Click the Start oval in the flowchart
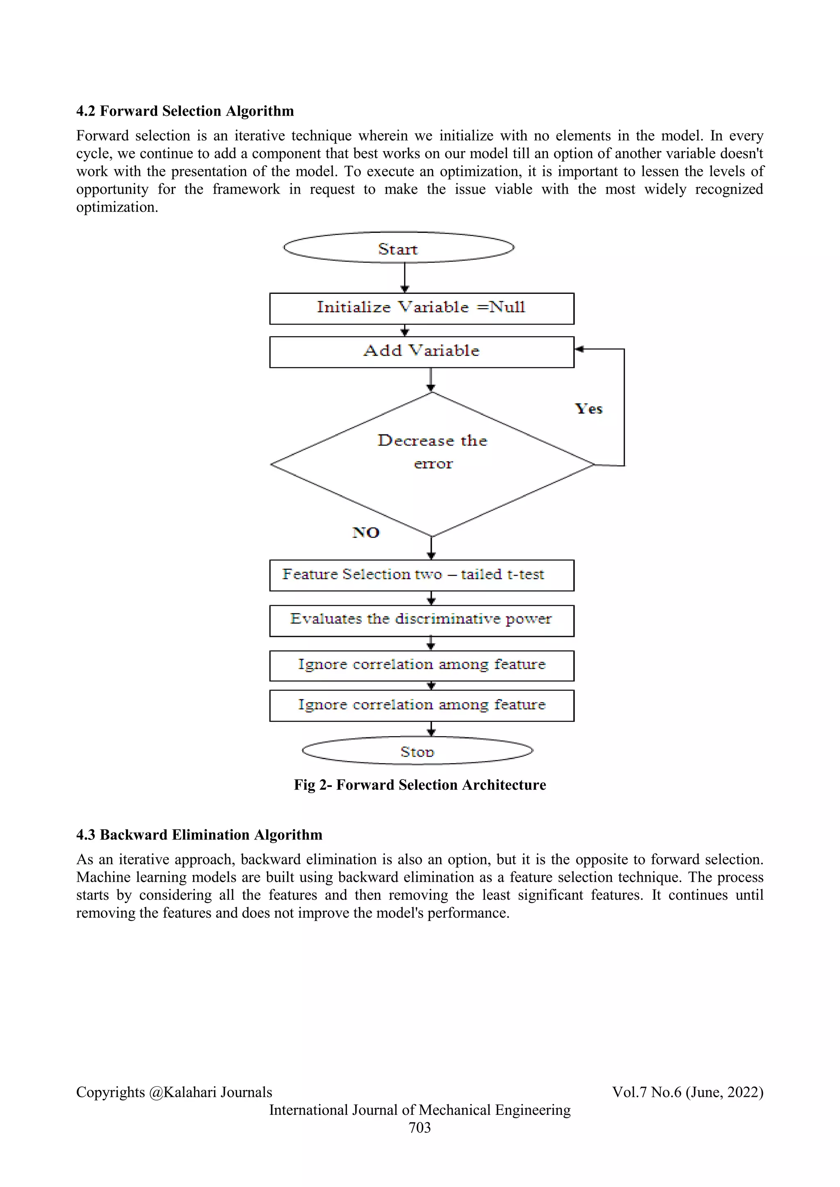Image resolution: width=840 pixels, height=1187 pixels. tap(398, 248)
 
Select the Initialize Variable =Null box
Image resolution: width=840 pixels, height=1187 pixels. tap(421, 308)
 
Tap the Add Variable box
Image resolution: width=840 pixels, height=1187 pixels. tap(421, 352)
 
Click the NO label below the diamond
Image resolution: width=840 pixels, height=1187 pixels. tap(366, 532)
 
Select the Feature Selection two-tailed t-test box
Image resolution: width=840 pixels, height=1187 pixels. tap(421, 575)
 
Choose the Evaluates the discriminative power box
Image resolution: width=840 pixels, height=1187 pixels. tap(421, 620)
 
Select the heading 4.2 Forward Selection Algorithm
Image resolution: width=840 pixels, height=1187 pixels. tap(185, 111)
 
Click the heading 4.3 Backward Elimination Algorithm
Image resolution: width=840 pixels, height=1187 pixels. tap(199, 835)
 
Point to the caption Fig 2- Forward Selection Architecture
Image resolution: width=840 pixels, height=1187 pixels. tap(420, 785)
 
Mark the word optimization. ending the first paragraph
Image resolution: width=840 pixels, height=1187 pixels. tap(117, 207)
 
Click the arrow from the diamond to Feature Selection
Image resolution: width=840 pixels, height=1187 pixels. tap(431, 548)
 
